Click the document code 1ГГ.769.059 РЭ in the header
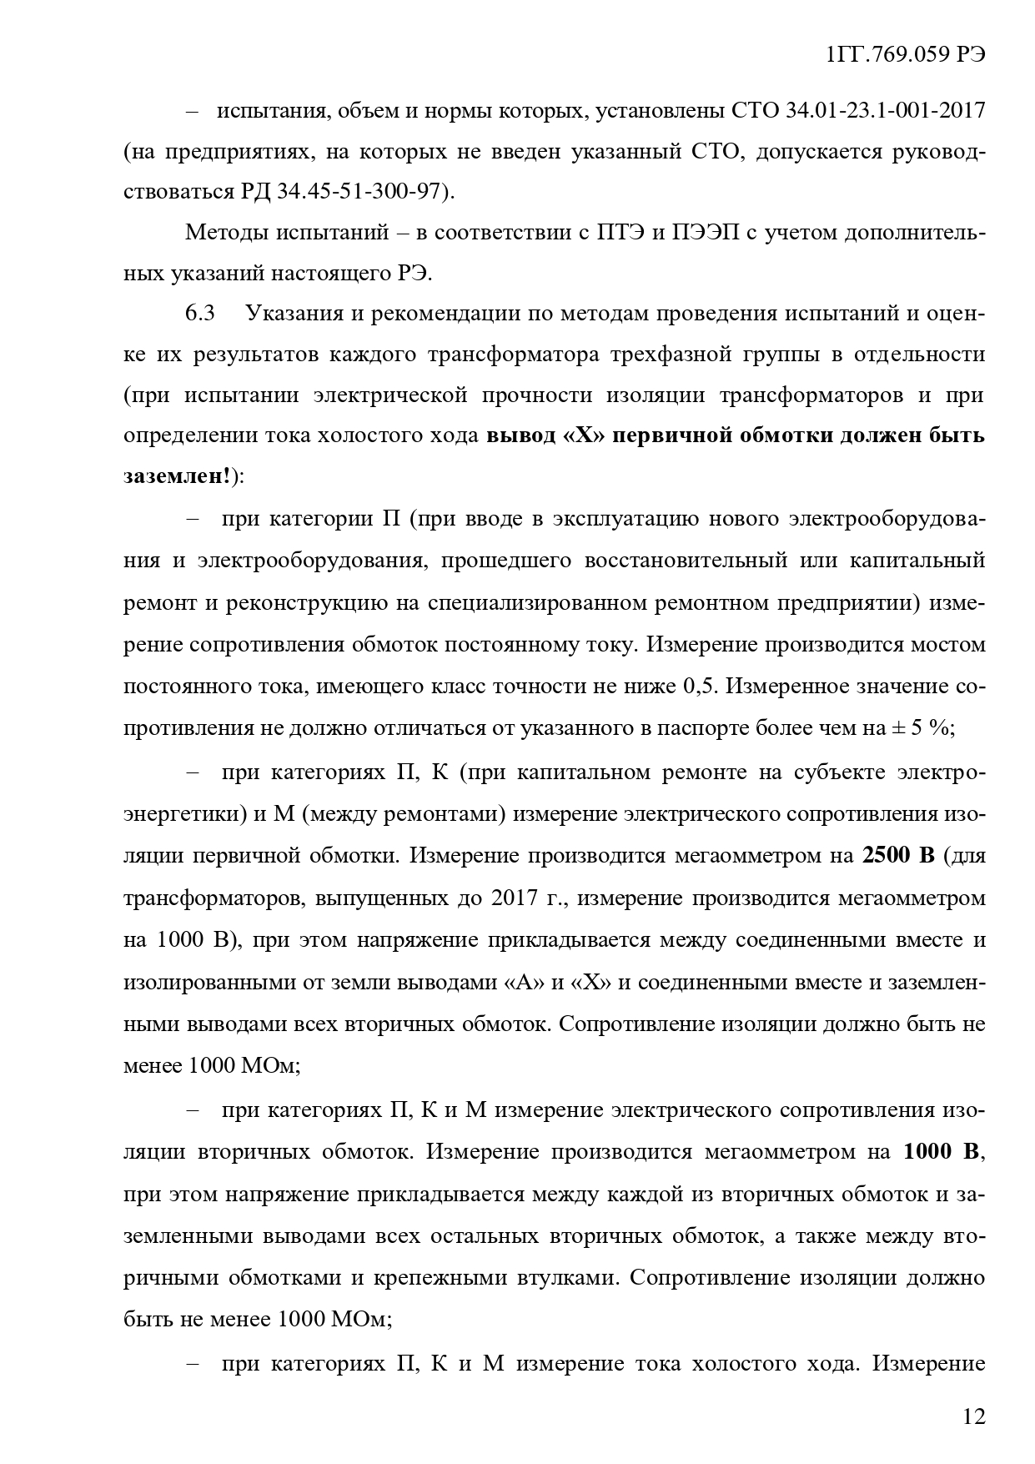pos(906,54)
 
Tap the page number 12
pos(973,1416)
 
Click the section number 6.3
pos(200,314)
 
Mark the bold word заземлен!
pos(178,477)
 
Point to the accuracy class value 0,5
pos(699,687)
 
